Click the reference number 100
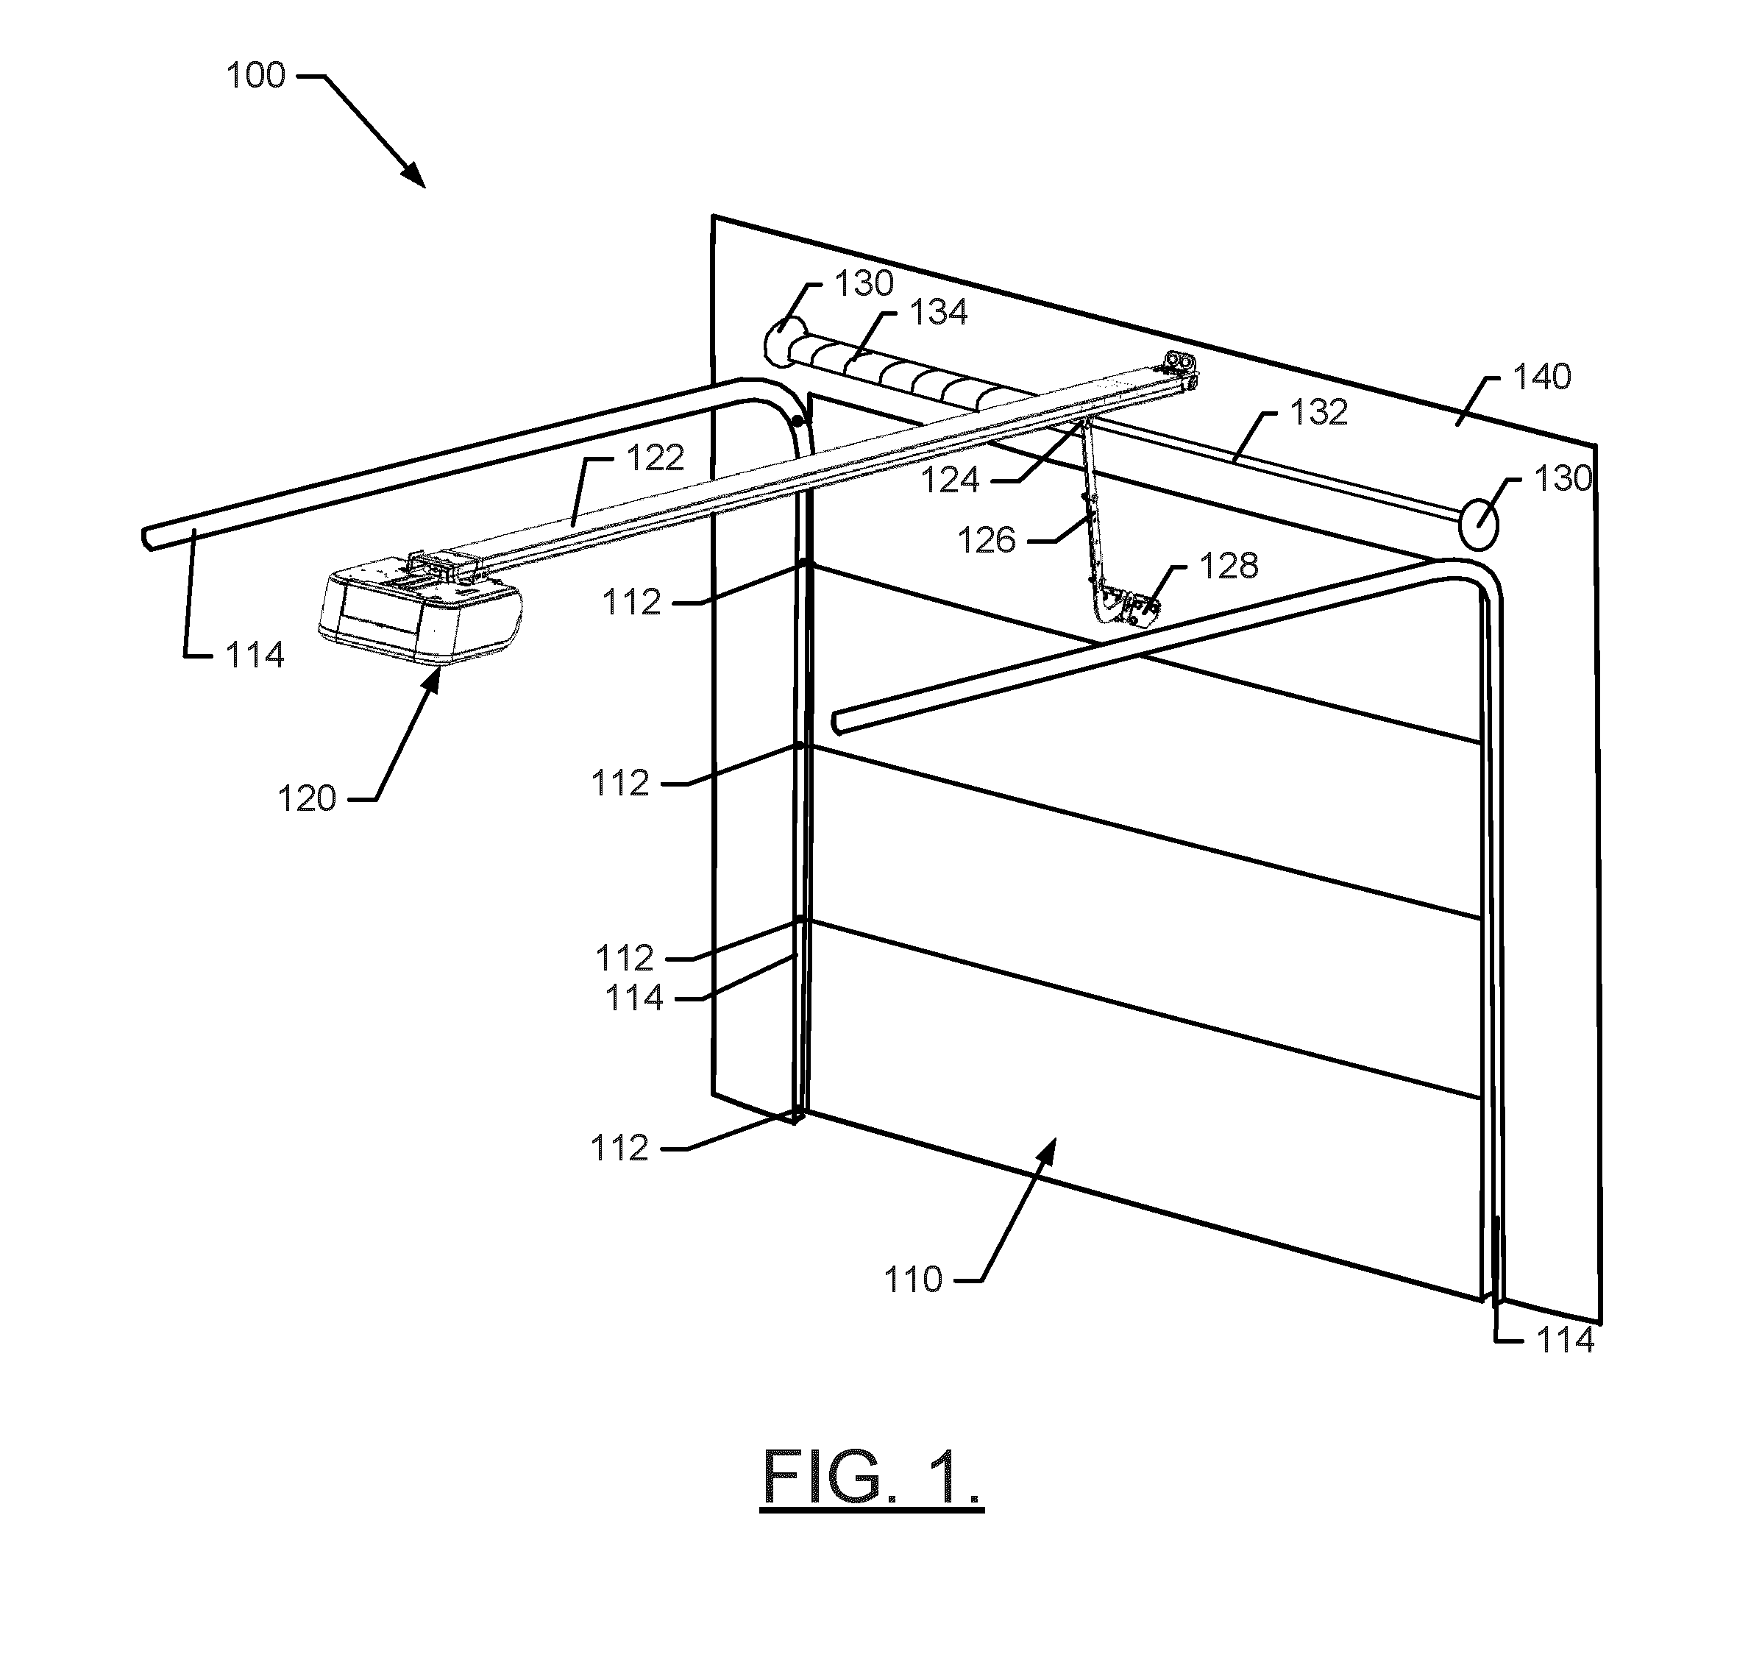(256, 75)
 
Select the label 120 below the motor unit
(308, 799)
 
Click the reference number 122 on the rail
(656, 458)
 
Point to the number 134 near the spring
(939, 312)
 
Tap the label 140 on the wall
(1542, 377)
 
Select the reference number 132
(1319, 412)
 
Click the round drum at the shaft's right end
(1477, 525)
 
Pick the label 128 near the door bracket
(1229, 566)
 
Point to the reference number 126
(987, 540)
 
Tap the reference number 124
(950, 480)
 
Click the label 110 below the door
(914, 1280)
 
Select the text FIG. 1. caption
(872, 1476)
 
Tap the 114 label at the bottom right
(1566, 1340)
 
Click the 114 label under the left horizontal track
(255, 655)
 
